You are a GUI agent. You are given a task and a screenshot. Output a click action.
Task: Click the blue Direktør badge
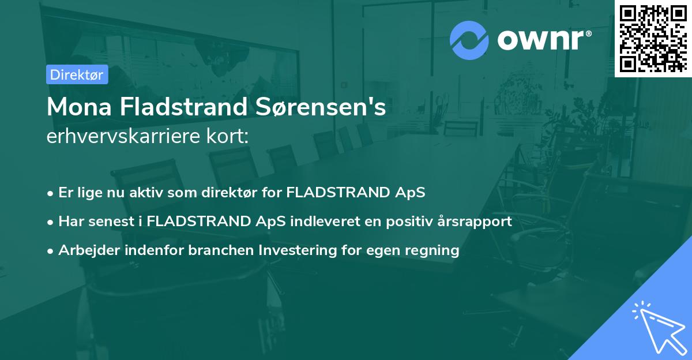[77, 74]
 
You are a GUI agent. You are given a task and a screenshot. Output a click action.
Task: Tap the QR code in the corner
[653, 38]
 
